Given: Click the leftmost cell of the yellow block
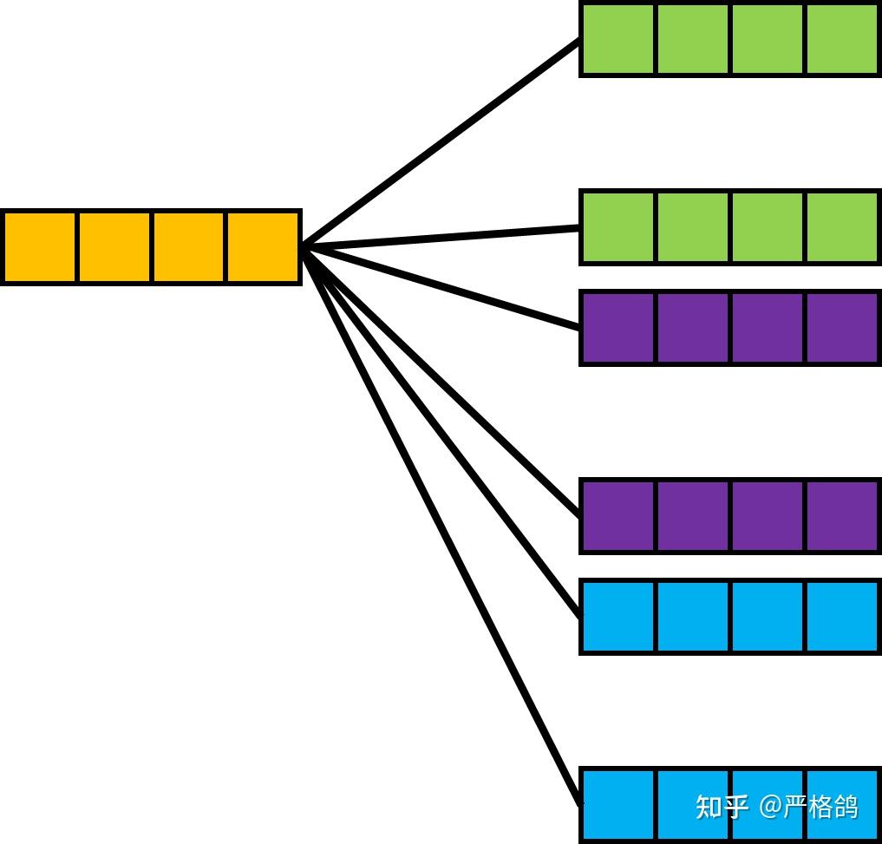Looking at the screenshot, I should [x=40, y=246].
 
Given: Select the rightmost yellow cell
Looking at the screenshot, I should [x=263, y=246].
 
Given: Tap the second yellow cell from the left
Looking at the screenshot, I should [x=114, y=246].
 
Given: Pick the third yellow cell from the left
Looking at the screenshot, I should [x=189, y=246].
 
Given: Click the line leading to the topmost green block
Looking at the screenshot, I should [x=442, y=143].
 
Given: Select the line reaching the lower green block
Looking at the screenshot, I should [x=442, y=238].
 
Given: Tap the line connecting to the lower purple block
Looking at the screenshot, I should [x=442, y=382].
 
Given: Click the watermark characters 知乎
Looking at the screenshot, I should [x=722, y=807].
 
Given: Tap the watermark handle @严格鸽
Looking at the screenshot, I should [x=809, y=807].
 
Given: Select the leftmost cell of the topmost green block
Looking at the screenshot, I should [x=618, y=39].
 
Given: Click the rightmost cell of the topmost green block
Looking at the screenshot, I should [x=842, y=39].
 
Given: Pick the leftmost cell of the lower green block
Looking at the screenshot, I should [x=618, y=226].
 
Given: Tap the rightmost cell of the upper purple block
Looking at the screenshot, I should [x=842, y=327].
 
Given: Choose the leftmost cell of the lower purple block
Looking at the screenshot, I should [x=618, y=515].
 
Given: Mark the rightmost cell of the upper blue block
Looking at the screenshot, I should [x=842, y=616].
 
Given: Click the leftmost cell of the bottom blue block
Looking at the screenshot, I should [x=618, y=803].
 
